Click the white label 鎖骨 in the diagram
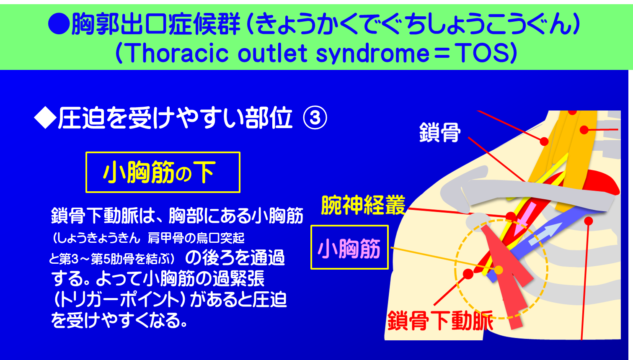coord(440,133)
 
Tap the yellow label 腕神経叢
coord(363,205)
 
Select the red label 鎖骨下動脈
coord(440,321)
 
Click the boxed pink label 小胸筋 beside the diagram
coord(349,248)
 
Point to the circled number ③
coord(315,118)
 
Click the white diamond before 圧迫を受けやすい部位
coord(45,118)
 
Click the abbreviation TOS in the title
coord(482,53)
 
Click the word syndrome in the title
coord(372,53)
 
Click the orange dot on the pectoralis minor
coord(499,270)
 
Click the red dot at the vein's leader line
coord(589,221)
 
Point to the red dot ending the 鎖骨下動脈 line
coord(468,274)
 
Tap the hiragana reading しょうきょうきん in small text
coord(96,238)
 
